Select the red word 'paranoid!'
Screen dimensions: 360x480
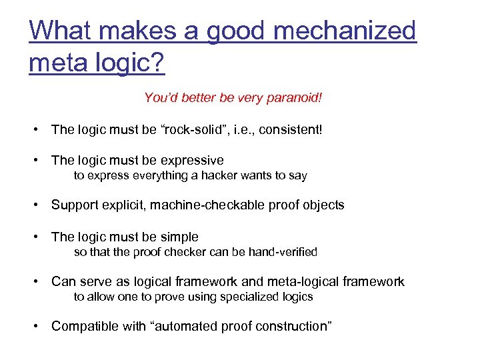(x=295, y=98)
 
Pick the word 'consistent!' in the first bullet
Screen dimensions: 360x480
(x=291, y=129)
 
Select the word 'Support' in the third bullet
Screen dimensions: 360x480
(x=73, y=205)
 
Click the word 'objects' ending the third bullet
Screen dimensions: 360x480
(x=323, y=205)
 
